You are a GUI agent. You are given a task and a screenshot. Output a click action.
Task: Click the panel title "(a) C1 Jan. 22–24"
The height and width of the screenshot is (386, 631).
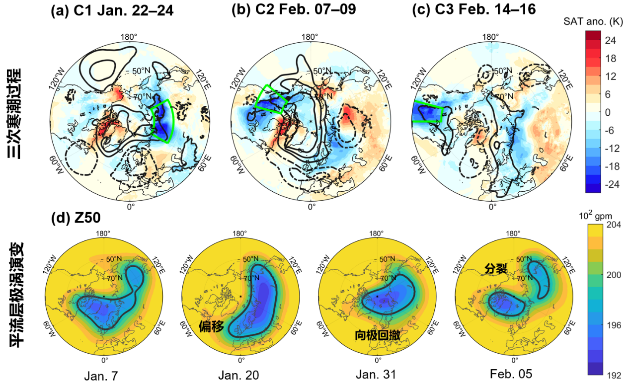tap(112, 10)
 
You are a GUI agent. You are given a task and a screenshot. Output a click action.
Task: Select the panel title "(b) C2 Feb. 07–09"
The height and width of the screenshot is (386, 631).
tap(294, 10)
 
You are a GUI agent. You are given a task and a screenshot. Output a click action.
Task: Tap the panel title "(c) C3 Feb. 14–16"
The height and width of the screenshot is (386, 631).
tap(474, 10)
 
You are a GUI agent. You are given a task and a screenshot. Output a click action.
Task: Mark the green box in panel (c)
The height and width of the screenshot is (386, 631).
tap(427, 113)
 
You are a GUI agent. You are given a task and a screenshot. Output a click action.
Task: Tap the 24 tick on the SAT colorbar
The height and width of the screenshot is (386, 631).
tap(611, 41)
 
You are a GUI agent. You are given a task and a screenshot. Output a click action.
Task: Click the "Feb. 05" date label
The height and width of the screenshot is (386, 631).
tap(511, 374)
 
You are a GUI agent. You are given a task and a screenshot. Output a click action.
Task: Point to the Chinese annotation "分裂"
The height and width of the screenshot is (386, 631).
tap(495, 269)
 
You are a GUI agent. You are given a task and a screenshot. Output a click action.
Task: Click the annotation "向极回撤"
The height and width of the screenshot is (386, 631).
tap(378, 334)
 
